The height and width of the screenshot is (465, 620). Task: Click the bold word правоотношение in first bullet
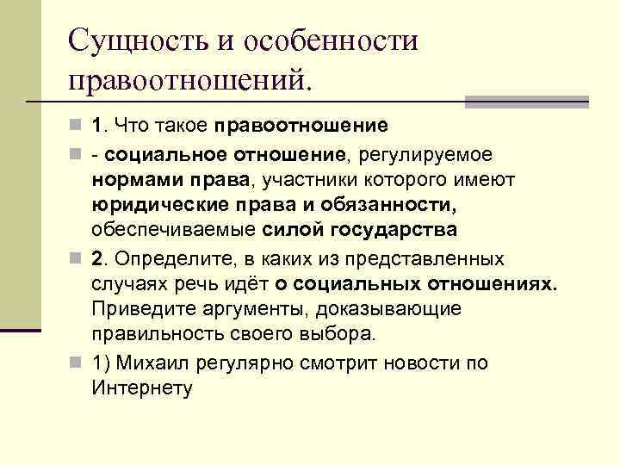[x=302, y=126]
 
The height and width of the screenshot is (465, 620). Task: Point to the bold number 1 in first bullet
[x=97, y=126]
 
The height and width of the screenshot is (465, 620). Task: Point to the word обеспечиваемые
[x=173, y=231]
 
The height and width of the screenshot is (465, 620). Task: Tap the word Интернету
[x=140, y=387]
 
